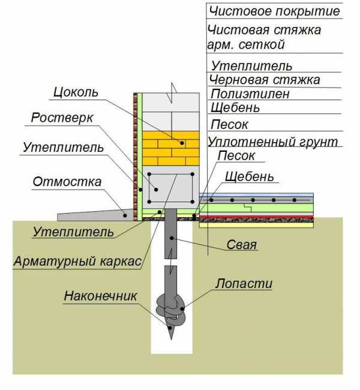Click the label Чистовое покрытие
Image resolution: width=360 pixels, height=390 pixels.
273,11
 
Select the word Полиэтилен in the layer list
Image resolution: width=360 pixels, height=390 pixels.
250,94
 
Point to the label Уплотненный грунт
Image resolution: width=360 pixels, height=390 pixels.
272,142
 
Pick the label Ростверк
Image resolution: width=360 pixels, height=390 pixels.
62,118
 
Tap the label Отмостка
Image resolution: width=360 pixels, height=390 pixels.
67,182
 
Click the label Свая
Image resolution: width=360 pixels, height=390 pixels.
242,245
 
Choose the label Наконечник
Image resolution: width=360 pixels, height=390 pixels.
102,296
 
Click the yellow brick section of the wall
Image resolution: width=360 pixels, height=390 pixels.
170,148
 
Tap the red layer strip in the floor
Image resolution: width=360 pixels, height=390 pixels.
258,218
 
